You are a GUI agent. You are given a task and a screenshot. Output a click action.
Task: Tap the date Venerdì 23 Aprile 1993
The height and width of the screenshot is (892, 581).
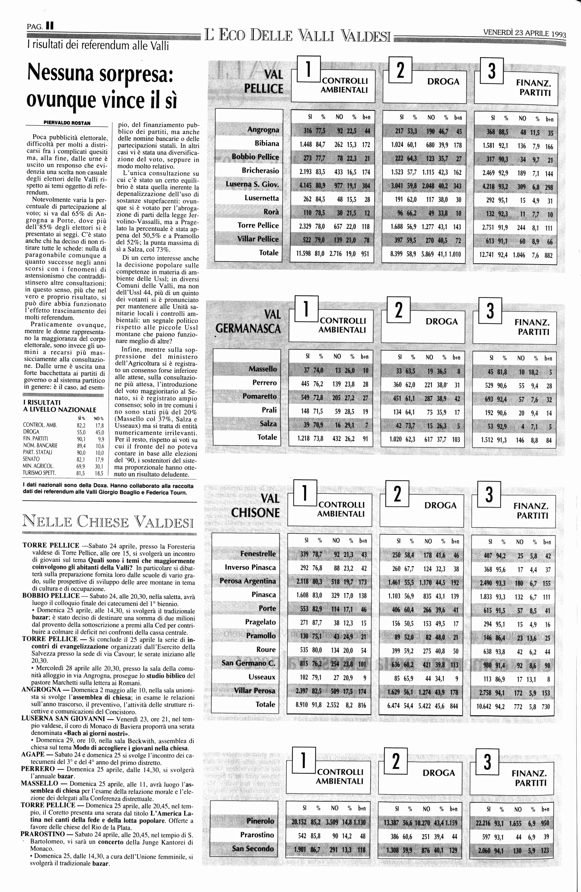coord(525,33)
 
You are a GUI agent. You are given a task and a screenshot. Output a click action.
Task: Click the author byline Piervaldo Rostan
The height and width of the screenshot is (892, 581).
coord(67,122)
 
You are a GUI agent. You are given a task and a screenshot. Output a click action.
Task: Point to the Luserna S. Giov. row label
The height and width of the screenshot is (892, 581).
coord(252,184)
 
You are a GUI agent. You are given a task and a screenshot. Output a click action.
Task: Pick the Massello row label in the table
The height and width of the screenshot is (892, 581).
coord(262,369)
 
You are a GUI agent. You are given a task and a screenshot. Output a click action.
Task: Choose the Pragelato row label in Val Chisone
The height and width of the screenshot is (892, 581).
coord(260,622)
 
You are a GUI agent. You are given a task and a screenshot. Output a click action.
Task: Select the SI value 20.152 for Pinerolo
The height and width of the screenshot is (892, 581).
coord(299,822)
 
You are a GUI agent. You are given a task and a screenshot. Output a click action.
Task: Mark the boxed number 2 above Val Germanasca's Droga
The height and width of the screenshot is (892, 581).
coord(399,309)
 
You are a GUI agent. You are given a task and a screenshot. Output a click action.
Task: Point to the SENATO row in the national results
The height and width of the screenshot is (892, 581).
coord(31,459)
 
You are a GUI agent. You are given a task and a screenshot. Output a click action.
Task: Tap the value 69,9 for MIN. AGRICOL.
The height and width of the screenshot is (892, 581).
coord(80,466)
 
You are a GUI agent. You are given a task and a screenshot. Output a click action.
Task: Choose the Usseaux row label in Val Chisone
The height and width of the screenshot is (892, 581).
coord(262,677)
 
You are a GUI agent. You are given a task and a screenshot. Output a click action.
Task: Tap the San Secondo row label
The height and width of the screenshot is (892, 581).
coord(253,849)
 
